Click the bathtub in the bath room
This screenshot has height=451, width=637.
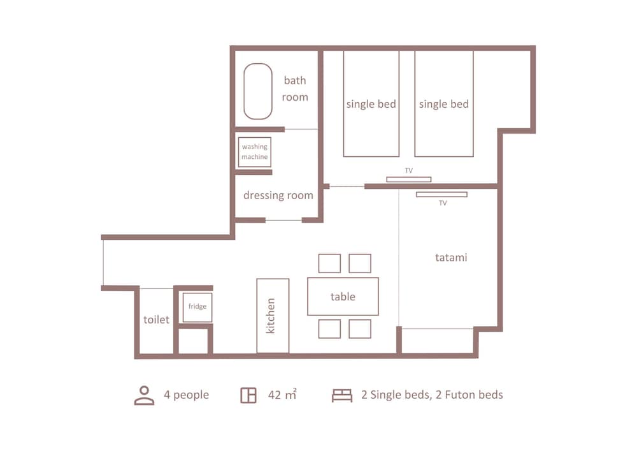coord(258,91)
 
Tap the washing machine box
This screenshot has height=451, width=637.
coord(254,152)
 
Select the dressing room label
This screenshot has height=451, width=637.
coord(278,195)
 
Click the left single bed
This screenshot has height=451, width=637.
coord(371,104)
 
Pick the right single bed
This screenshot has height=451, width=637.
coord(444,104)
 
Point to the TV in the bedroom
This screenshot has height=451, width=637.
coord(408,179)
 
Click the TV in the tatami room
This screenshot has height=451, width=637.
coord(441,194)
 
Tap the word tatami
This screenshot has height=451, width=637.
coord(451,258)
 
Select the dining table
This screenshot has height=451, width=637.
coord(343,296)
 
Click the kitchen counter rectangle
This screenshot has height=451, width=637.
coord(273,316)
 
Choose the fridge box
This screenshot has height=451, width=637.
coord(197,307)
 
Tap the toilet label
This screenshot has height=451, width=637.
coord(156,320)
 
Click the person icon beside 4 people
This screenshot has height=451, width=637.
coord(145,395)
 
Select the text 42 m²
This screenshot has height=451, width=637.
coord(282,395)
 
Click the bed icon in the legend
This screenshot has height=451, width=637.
coord(342,396)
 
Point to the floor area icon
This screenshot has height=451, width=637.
coord(248,396)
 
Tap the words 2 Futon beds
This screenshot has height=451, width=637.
coord(469,395)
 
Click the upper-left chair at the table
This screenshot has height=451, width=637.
coord(329,263)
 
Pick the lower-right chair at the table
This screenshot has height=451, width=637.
coord(360,329)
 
